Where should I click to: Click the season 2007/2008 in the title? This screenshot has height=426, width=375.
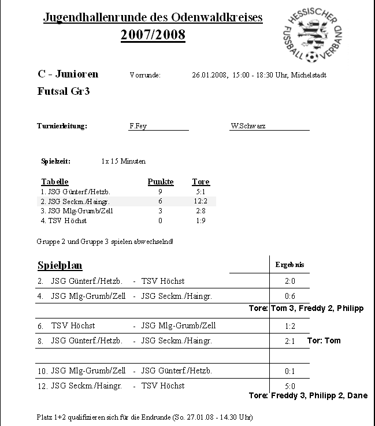click(153, 35)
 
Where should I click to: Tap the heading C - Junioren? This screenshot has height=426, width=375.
click(68, 74)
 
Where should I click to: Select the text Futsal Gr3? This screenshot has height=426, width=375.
click(63, 91)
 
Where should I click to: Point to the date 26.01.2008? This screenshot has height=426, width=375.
click(209, 75)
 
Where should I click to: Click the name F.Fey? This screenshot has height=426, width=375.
click(138, 126)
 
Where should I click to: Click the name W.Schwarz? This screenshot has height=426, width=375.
click(248, 126)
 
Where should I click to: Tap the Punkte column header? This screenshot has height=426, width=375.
click(160, 182)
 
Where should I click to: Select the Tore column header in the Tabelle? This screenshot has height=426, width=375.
click(201, 182)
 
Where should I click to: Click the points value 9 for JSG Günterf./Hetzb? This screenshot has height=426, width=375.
click(160, 191)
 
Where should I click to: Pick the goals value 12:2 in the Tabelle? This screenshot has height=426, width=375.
click(201, 201)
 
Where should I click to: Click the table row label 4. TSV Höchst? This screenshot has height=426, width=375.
click(64, 221)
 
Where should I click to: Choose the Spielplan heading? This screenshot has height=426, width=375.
click(60, 266)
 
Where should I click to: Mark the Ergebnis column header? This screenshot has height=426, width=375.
click(289, 265)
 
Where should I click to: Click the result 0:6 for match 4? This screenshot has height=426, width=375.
click(290, 297)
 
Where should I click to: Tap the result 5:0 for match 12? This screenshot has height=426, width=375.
click(290, 386)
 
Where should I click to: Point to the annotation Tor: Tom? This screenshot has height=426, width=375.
click(324, 341)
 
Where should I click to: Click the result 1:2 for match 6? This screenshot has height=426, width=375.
click(290, 327)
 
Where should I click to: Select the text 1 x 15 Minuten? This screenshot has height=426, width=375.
click(123, 161)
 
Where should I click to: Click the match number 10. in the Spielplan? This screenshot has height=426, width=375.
click(43, 371)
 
